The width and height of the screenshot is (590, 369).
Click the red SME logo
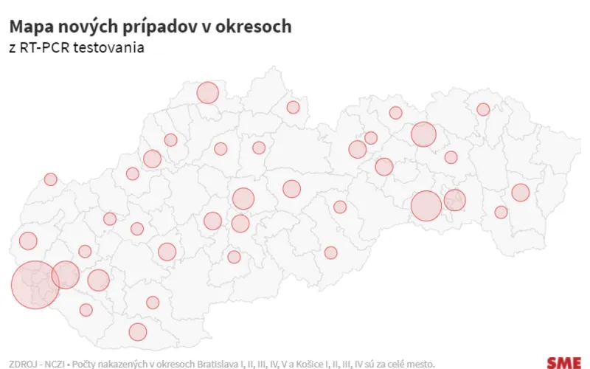point(563,362)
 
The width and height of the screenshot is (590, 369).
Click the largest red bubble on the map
point(35,284)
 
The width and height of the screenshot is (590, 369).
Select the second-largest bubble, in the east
point(426,206)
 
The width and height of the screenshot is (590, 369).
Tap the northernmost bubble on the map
point(208,93)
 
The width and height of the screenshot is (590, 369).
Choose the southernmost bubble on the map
point(138,331)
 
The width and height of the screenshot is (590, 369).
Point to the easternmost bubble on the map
point(521,193)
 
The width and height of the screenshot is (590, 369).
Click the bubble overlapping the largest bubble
point(66,275)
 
